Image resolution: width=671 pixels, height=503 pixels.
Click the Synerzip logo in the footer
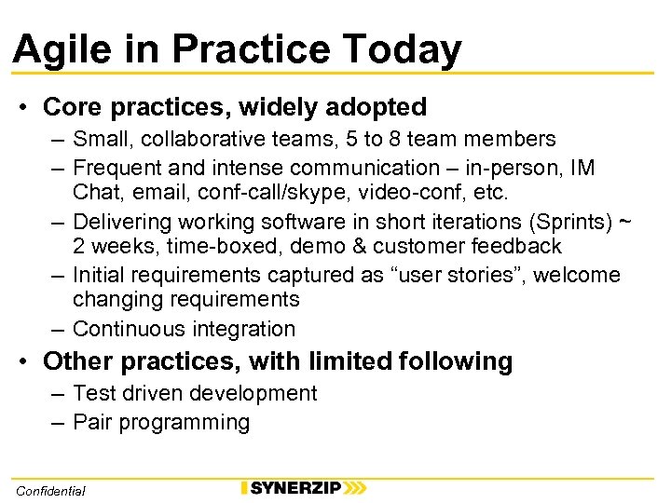303,488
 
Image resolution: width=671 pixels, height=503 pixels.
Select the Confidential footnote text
50,490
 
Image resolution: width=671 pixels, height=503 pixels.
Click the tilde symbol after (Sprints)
625,221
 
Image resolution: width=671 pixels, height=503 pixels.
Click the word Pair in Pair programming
92,422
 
